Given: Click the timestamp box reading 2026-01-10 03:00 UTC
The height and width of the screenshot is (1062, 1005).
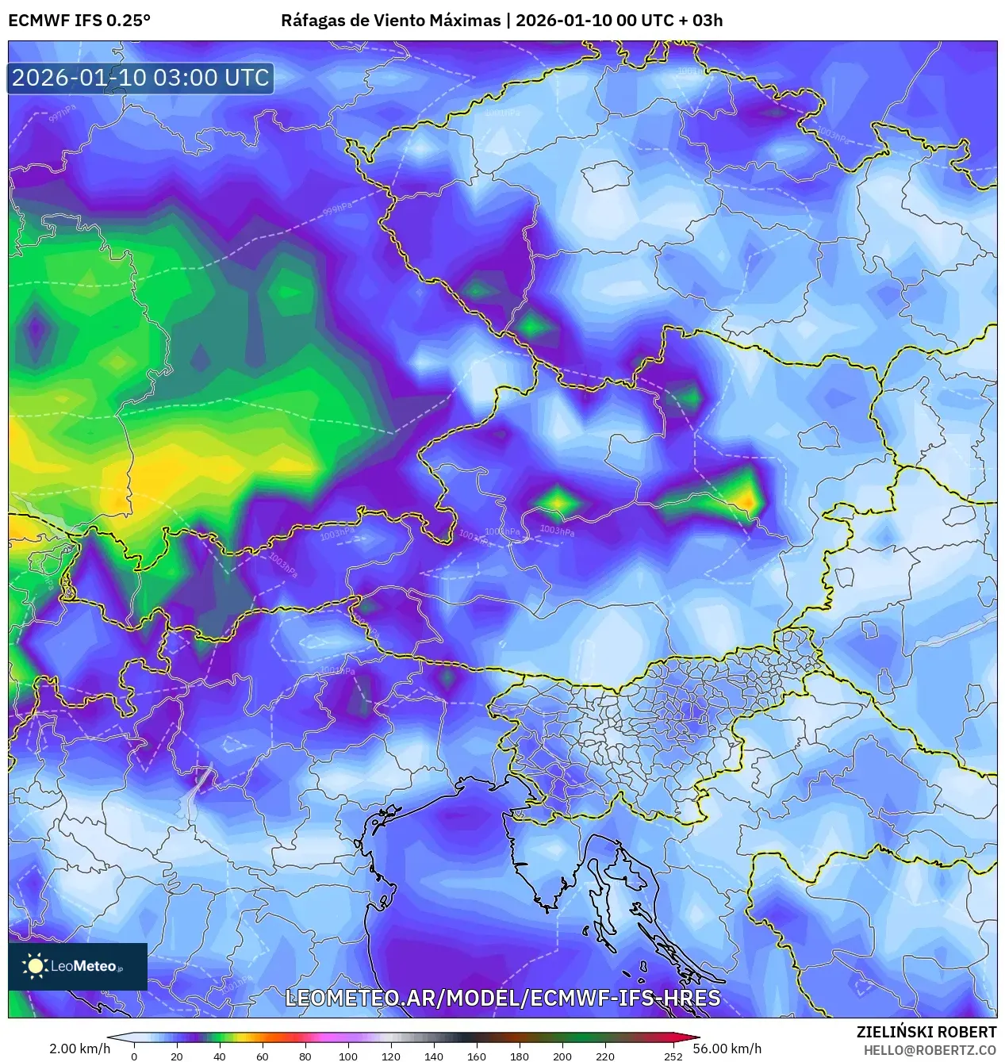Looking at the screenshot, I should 140,78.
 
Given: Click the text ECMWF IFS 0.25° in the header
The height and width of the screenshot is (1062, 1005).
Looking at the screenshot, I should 79,20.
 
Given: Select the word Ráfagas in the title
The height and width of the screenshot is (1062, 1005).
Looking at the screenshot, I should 312,20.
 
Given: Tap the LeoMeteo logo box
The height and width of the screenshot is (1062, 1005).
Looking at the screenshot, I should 78,966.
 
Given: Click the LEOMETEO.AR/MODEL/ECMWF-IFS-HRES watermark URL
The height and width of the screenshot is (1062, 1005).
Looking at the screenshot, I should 502,998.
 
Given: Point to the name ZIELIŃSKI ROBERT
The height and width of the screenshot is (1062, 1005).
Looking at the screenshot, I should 926,1032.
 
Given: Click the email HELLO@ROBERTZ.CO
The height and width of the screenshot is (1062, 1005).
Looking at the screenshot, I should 930,1049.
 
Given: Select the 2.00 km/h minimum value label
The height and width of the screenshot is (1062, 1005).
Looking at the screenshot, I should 80,1049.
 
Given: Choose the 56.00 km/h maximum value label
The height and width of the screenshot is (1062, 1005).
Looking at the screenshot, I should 727,1049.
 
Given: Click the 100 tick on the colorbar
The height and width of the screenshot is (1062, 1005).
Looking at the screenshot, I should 347,1056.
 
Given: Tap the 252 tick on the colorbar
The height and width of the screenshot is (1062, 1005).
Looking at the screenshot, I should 673,1056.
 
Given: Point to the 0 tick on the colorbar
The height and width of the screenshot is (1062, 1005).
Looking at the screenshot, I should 133,1056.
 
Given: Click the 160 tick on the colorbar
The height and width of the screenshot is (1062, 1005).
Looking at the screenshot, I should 476,1056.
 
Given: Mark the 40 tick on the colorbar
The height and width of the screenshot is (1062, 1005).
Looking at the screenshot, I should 219,1056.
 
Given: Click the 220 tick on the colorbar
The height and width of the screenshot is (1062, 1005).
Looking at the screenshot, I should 604,1056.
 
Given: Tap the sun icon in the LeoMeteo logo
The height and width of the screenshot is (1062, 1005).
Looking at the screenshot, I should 35,965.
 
